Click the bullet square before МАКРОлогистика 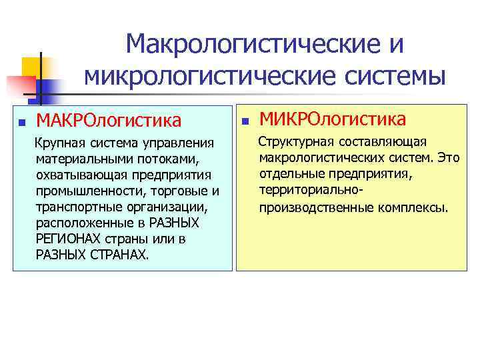tap(22, 122)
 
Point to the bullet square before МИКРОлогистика tap(245, 122)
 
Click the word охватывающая tap(77, 175)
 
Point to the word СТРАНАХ tap(115, 255)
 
